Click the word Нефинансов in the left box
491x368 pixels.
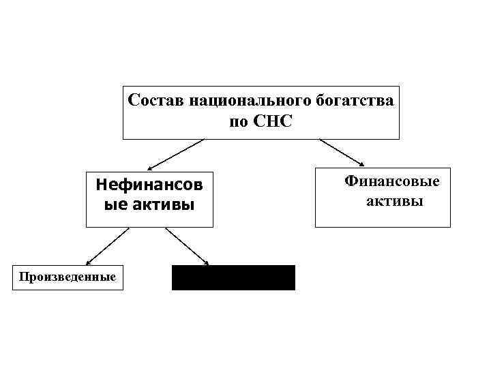coord(149,184)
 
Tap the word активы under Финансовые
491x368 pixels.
coord(395,201)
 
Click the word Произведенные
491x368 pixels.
coord(68,277)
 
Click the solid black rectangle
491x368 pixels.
coord(233,277)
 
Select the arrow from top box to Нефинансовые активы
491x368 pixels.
coord(175,154)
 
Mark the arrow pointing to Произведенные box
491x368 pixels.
coord(107,245)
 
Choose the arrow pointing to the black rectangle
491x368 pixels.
coord(186,245)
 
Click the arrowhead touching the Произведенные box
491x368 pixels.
coord(88,263)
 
